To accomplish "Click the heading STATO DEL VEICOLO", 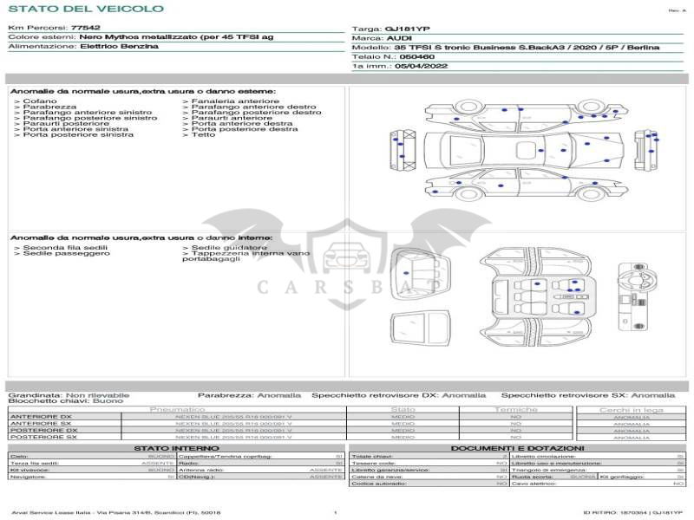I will (x=86, y=9).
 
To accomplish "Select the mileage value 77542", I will (x=85, y=28).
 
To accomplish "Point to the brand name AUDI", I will (x=399, y=38).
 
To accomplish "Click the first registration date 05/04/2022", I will (x=420, y=66).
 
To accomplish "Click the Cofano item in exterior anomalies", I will (x=36, y=101).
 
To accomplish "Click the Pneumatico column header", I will (x=177, y=409).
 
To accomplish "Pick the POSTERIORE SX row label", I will (x=43, y=437).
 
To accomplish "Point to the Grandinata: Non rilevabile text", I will (x=69, y=394).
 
